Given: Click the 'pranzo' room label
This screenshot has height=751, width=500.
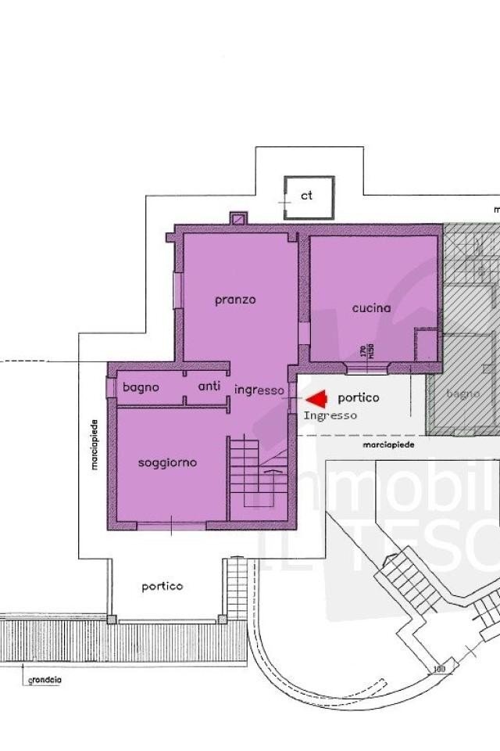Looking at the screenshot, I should coord(235,300).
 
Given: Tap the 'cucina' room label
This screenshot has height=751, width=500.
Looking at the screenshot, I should coord(371,308).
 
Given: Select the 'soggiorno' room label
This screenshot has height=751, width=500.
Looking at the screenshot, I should coord(167,462).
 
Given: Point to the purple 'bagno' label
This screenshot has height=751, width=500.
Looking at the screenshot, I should coord(141,386).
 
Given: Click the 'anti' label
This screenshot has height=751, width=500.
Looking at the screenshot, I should coord(209,386).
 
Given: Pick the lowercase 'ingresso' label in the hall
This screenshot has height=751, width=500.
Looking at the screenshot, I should coord(259,390).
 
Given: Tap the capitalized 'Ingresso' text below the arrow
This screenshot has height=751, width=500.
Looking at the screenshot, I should coord(330,415).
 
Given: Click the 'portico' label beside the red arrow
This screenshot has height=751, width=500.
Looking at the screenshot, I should coord(359,397).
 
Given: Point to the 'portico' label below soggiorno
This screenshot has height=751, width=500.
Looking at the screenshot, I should coord(162,586).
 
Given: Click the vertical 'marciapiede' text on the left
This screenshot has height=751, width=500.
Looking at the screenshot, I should coord(94,443).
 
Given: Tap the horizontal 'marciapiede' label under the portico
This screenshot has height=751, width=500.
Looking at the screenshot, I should coord(387,444).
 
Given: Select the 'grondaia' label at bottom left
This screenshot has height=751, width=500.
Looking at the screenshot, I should coord(45,681).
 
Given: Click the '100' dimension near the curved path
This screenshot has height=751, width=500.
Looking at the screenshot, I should coord(439,669).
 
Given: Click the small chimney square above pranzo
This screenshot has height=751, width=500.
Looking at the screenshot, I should coord(238,218).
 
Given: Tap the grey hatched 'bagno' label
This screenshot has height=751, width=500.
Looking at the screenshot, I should coord(462,393).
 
